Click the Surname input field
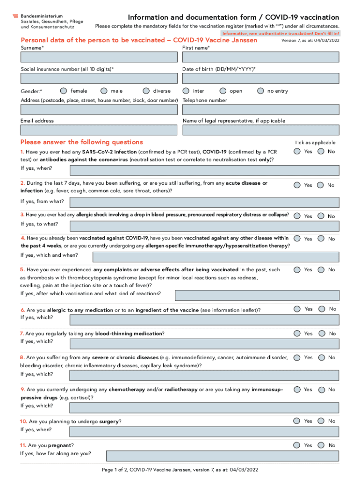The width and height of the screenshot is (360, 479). click(x=99, y=57)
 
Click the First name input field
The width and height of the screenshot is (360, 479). click(x=260, y=57)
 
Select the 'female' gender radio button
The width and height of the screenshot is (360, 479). click(x=64, y=91)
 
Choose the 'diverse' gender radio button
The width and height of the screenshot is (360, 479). click(x=146, y=91)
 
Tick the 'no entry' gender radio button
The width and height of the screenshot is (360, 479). click(x=261, y=91)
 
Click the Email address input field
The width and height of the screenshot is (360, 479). click(x=99, y=130)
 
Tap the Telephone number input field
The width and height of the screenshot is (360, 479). click(x=260, y=109)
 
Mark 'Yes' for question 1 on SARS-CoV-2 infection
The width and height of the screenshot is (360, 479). click(x=297, y=151)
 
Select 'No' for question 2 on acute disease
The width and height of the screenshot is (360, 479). click(x=320, y=185)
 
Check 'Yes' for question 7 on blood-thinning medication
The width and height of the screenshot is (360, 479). click(x=297, y=333)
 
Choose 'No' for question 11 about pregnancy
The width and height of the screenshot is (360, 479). click(x=320, y=445)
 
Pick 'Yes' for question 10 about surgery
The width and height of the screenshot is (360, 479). click(x=297, y=421)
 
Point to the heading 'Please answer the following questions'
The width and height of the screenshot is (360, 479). click(x=82, y=142)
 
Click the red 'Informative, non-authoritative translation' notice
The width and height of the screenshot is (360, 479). click(x=281, y=34)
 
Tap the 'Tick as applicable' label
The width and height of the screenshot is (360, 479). click(x=315, y=143)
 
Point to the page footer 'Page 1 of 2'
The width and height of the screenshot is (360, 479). click(x=180, y=470)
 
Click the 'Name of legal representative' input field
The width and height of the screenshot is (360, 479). click(x=260, y=130)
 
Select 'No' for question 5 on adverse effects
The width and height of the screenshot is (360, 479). click(x=320, y=269)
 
